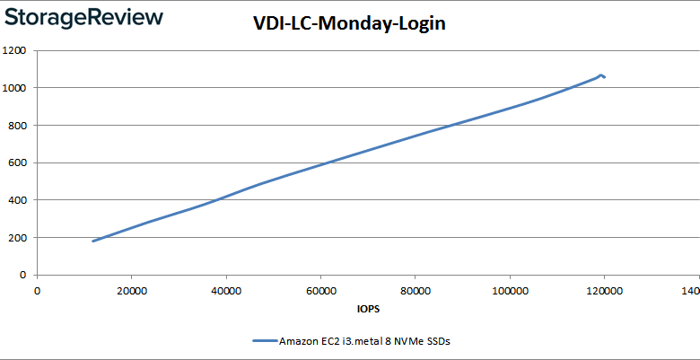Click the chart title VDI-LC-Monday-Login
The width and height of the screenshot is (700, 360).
pos(349,24)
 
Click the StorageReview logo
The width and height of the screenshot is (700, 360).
pos(83,18)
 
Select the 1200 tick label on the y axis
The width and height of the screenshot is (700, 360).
pos(14,50)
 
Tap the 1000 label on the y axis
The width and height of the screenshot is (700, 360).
pos(14,88)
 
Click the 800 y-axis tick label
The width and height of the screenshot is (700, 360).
pos(17,126)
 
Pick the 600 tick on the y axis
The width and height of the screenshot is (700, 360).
pos(17,163)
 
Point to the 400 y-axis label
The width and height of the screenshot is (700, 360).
pos(17,200)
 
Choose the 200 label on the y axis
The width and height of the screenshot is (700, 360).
pos(17,238)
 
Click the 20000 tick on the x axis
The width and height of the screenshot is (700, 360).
pos(131,290)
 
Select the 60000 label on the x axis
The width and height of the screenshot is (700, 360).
pos(320,290)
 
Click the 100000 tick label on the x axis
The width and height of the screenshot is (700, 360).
pos(510,290)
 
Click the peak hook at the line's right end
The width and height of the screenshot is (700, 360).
pos(600,75)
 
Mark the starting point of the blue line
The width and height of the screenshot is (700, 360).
pos(93,241)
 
